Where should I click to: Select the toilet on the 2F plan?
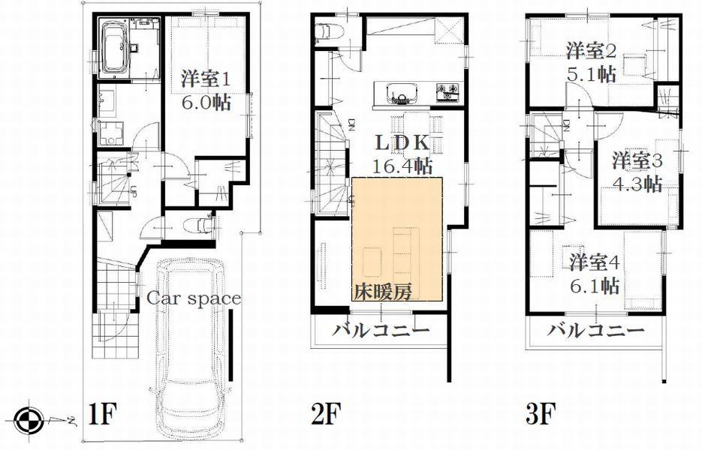pyautogui.click(x=326, y=31)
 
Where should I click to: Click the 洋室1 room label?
pyautogui.click(x=204, y=77)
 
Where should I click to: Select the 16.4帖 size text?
pyautogui.click(x=406, y=165)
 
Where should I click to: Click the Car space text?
pyautogui.click(x=193, y=298)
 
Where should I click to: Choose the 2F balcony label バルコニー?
pyautogui.click(x=381, y=331)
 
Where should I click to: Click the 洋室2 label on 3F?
pyautogui.click(x=592, y=51)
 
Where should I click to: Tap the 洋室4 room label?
pyautogui.click(x=594, y=263)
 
